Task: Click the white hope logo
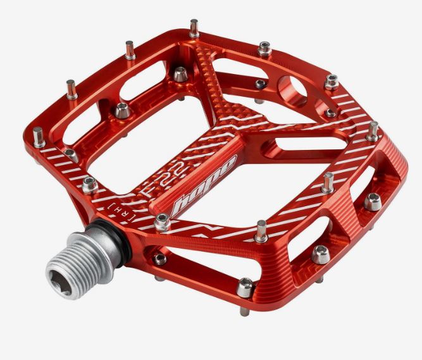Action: tap(204, 186)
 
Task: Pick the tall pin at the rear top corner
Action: tap(194, 28)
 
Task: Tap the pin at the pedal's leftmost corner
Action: tap(39, 137)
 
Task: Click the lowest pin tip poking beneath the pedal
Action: tap(244, 311)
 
